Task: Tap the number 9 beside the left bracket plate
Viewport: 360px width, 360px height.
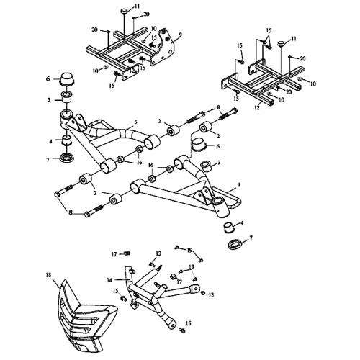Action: click(x=180, y=35)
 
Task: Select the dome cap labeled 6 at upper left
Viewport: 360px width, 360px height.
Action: click(x=66, y=78)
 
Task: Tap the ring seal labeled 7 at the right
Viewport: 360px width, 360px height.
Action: click(x=233, y=246)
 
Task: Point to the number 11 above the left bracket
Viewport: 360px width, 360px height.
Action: click(x=138, y=6)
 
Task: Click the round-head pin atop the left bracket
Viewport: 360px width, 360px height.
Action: click(x=124, y=9)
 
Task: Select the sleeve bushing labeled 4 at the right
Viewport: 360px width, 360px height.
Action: click(x=229, y=230)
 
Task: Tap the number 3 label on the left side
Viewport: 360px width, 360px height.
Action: click(x=48, y=99)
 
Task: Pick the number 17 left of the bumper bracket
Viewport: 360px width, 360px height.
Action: click(x=114, y=253)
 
